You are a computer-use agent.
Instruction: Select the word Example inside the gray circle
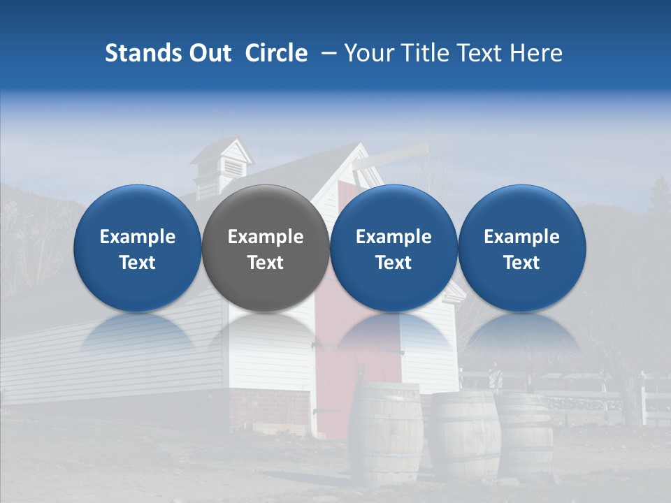(266, 237)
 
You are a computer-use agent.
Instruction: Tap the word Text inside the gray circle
(266, 263)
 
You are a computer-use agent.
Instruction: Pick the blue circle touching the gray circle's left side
(138, 248)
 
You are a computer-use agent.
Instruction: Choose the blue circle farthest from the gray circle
(522, 248)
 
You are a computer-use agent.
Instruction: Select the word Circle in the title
(276, 53)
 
